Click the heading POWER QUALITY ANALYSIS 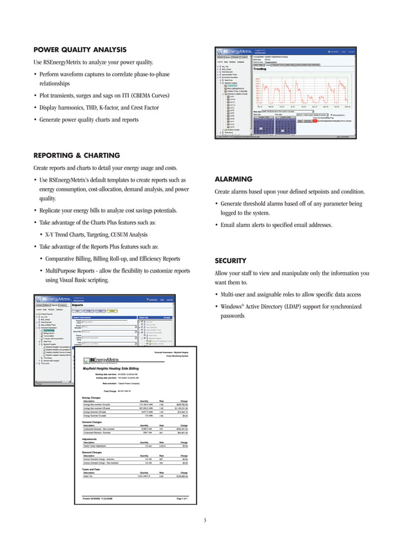click(79, 50)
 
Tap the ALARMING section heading click(234, 180)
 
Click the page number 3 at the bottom click(204, 520)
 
